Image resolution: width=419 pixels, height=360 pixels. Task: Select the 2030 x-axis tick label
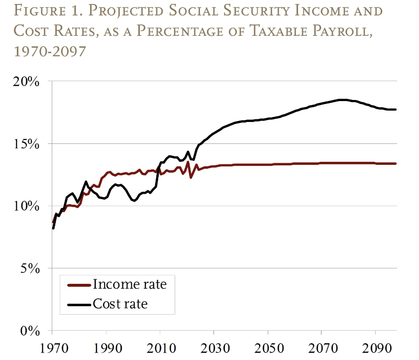click(x=213, y=348)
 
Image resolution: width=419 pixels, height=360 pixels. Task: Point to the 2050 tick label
click(x=268, y=348)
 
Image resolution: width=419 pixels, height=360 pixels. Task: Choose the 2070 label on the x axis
click(x=321, y=348)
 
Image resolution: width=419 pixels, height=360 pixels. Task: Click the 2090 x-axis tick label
click(x=376, y=348)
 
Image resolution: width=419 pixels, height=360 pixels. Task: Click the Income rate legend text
click(x=129, y=285)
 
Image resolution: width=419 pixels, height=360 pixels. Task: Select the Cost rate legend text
click(x=120, y=303)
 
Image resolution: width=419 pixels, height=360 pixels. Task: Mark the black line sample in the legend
click(x=79, y=304)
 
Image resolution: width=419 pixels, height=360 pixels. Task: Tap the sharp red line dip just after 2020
click(x=191, y=177)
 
